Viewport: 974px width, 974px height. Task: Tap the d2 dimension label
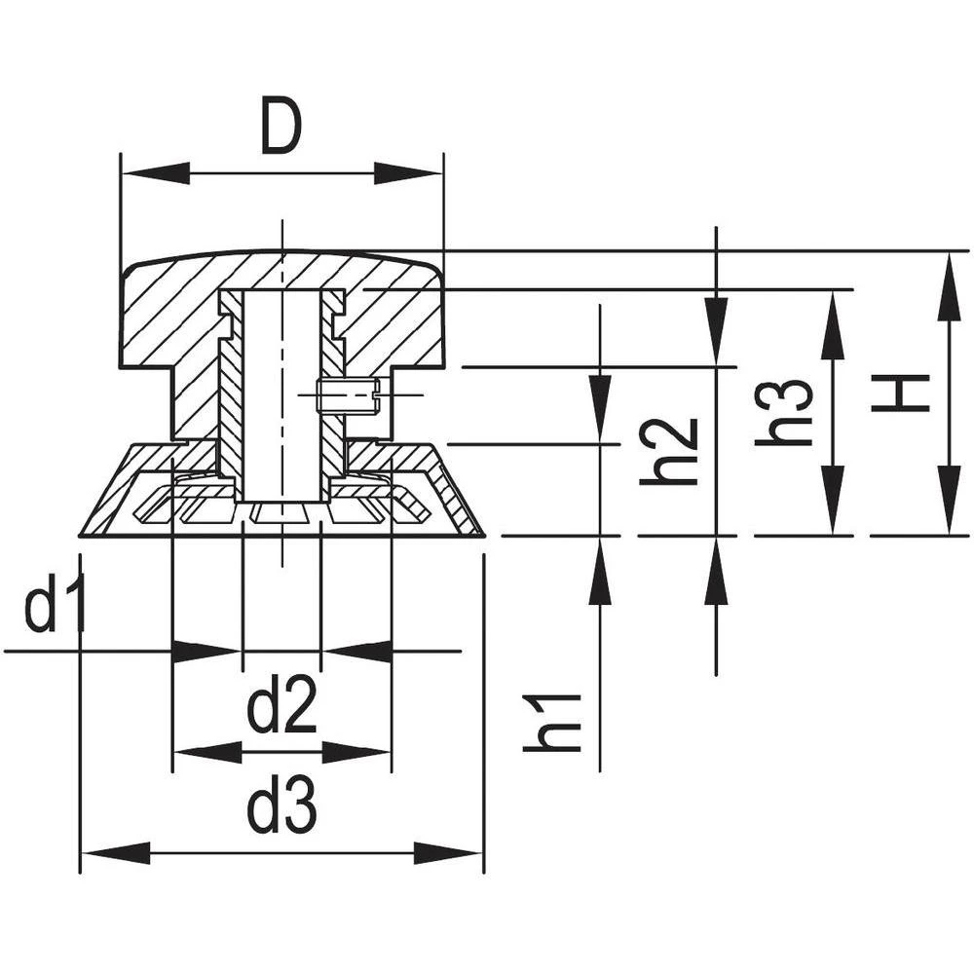[x=281, y=709]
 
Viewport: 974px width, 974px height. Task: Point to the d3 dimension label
[x=281, y=809]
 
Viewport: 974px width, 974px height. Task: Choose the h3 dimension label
[x=785, y=413]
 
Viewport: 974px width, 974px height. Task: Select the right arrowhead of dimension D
[x=409, y=174]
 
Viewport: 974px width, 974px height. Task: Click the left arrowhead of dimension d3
[x=115, y=854]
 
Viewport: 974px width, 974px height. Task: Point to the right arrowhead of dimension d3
[x=448, y=854]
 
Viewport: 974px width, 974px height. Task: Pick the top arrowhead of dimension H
[x=948, y=286]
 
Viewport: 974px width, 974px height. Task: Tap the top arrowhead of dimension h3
[x=831, y=325]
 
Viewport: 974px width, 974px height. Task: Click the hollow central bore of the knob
[x=281, y=390]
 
